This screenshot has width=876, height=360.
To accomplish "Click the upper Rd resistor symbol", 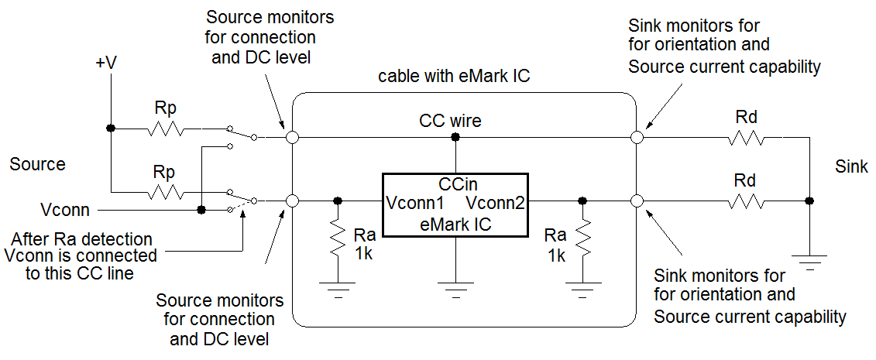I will [746, 138].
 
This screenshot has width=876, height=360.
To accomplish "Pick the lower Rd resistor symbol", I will [746, 201].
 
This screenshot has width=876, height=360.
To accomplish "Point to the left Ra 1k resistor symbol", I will [337, 240].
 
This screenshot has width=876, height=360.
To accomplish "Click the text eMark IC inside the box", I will [455, 224].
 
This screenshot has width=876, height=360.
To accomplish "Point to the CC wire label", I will [450, 121].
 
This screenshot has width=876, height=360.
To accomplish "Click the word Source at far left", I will [38, 164].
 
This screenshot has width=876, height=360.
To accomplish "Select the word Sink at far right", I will [852, 166].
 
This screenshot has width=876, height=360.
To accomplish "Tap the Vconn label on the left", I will [65, 210].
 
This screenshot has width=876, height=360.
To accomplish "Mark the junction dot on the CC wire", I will [455, 138].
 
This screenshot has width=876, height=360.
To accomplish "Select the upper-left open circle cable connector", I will [292, 138].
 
